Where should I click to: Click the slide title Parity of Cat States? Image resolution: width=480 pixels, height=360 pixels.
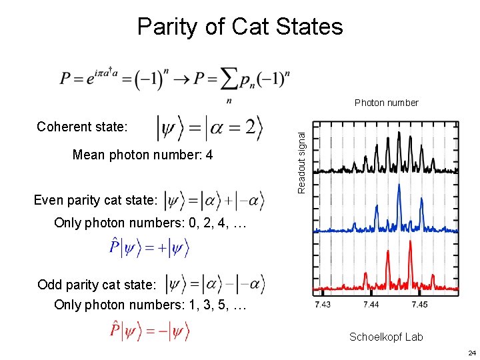click(x=239, y=27)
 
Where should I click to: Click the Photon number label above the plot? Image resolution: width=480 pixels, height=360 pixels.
click(x=386, y=103)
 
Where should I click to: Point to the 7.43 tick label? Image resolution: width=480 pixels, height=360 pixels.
click(x=323, y=305)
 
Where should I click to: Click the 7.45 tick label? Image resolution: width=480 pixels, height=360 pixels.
click(x=419, y=305)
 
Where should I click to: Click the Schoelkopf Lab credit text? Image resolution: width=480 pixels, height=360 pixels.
click(x=386, y=337)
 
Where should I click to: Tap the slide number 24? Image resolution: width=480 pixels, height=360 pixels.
click(x=471, y=353)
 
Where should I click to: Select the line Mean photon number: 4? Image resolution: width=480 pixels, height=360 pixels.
click(x=143, y=155)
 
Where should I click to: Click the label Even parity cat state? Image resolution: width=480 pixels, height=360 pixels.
click(x=95, y=199)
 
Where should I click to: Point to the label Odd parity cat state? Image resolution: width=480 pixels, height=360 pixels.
click(x=97, y=285)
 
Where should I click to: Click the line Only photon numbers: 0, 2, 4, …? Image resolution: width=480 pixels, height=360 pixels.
click(x=151, y=223)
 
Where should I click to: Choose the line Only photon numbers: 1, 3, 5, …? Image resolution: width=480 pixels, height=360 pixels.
click(x=151, y=305)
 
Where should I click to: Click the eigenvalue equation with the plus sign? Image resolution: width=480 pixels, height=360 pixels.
click(x=150, y=249)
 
